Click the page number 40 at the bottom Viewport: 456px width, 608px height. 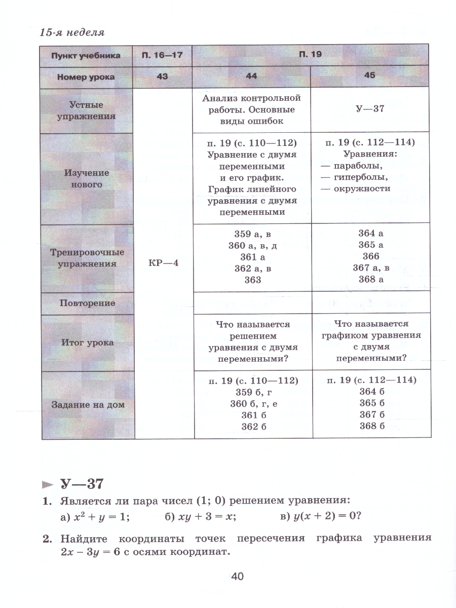[x=237, y=576]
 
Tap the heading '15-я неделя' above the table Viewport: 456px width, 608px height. [x=72, y=33]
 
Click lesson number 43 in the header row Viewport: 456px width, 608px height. [x=162, y=77]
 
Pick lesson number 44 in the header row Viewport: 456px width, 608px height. [x=251, y=77]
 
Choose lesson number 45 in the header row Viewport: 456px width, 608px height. [x=370, y=75]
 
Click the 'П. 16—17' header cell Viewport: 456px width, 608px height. [x=162, y=55]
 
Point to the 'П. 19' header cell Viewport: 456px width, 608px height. [x=311, y=54]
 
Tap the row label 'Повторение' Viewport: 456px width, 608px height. [x=87, y=303]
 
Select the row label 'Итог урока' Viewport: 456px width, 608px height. [x=88, y=343]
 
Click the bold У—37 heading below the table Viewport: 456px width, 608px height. [x=82, y=483]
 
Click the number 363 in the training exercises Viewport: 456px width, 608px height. [x=252, y=280]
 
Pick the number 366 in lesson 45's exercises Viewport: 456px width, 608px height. [x=370, y=256]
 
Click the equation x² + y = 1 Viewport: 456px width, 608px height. [x=102, y=517]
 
